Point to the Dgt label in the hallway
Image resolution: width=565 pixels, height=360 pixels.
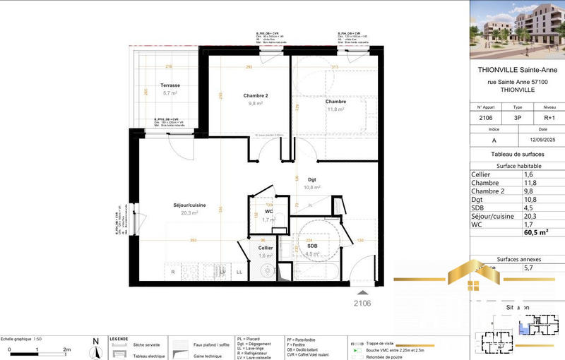click(311, 180)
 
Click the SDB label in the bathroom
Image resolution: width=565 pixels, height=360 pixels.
click(311, 246)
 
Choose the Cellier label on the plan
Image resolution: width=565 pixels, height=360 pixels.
click(266, 248)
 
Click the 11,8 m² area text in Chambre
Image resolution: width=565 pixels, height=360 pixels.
click(335, 109)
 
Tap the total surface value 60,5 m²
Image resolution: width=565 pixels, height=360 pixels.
click(535, 231)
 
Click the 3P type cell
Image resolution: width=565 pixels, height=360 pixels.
click(517, 119)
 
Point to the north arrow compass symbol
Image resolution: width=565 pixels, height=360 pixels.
click(95, 347)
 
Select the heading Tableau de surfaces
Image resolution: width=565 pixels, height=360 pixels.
click(517, 154)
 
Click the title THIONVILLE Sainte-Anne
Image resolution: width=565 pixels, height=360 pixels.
click(517, 69)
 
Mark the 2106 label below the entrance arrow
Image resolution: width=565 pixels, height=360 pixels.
click(362, 303)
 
